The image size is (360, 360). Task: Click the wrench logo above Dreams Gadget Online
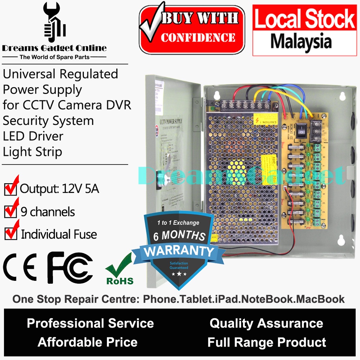point(54,23)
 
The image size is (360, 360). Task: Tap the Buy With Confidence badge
point(192,30)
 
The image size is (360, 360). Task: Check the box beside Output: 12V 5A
point(10,189)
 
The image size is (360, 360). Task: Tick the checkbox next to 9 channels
point(10,212)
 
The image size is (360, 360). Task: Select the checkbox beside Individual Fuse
point(10,234)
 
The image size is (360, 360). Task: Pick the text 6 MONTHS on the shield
point(179,236)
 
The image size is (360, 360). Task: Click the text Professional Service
point(90,323)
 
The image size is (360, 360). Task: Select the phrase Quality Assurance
point(266,323)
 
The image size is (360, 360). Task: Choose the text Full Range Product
point(267,342)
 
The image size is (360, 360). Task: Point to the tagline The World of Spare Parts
point(54,57)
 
